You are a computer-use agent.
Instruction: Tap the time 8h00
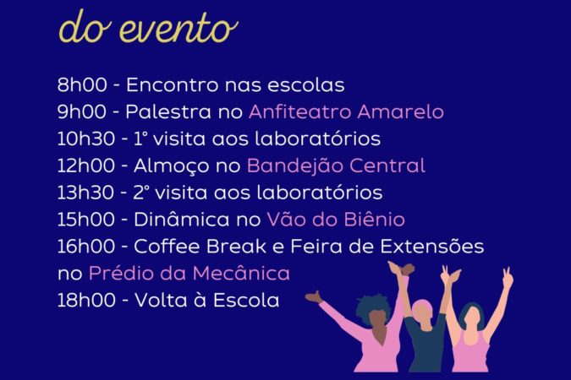click(82, 85)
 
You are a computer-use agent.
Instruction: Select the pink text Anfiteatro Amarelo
click(346, 111)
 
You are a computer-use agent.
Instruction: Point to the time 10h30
click(86, 138)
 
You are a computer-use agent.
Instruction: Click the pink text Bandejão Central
click(336, 166)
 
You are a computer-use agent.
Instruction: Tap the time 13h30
click(85, 193)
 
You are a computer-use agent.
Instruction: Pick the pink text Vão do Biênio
click(336, 220)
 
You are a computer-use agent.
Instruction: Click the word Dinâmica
click(182, 220)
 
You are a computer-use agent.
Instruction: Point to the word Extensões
click(432, 247)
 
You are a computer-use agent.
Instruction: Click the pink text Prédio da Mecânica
click(189, 273)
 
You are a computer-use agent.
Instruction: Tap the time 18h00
click(86, 301)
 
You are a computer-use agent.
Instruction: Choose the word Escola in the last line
click(246, 301)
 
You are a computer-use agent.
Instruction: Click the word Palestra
click(168, 111)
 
